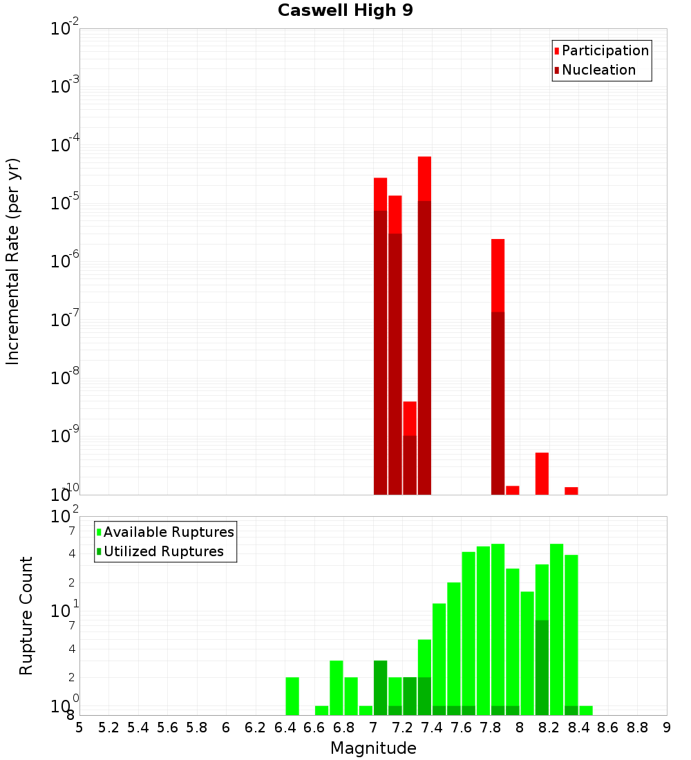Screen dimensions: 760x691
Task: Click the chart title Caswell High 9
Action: (345, 11)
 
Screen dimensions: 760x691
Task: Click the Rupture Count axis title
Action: (26, 616)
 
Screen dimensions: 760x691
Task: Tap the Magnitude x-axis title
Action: (373, 748)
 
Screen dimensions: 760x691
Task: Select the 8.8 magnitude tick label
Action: (637, 728)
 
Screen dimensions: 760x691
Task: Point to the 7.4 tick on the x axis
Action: (432, 728)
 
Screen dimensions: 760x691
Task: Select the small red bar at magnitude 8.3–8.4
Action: (571, 491)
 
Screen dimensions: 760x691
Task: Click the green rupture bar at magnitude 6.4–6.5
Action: (292, 696)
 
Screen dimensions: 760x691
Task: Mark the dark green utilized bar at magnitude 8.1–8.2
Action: (542, 667)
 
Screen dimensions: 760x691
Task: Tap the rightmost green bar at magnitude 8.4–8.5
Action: (585, 710)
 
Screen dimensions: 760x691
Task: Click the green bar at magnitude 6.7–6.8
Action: (337, 687)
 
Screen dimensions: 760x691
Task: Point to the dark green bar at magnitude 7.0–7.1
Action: (380, 687)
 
